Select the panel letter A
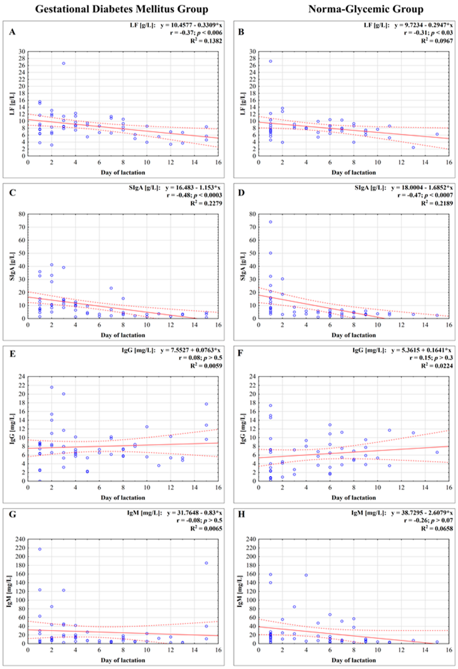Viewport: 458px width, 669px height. (12, 32)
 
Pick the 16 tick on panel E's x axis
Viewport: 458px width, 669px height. (218, 487)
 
